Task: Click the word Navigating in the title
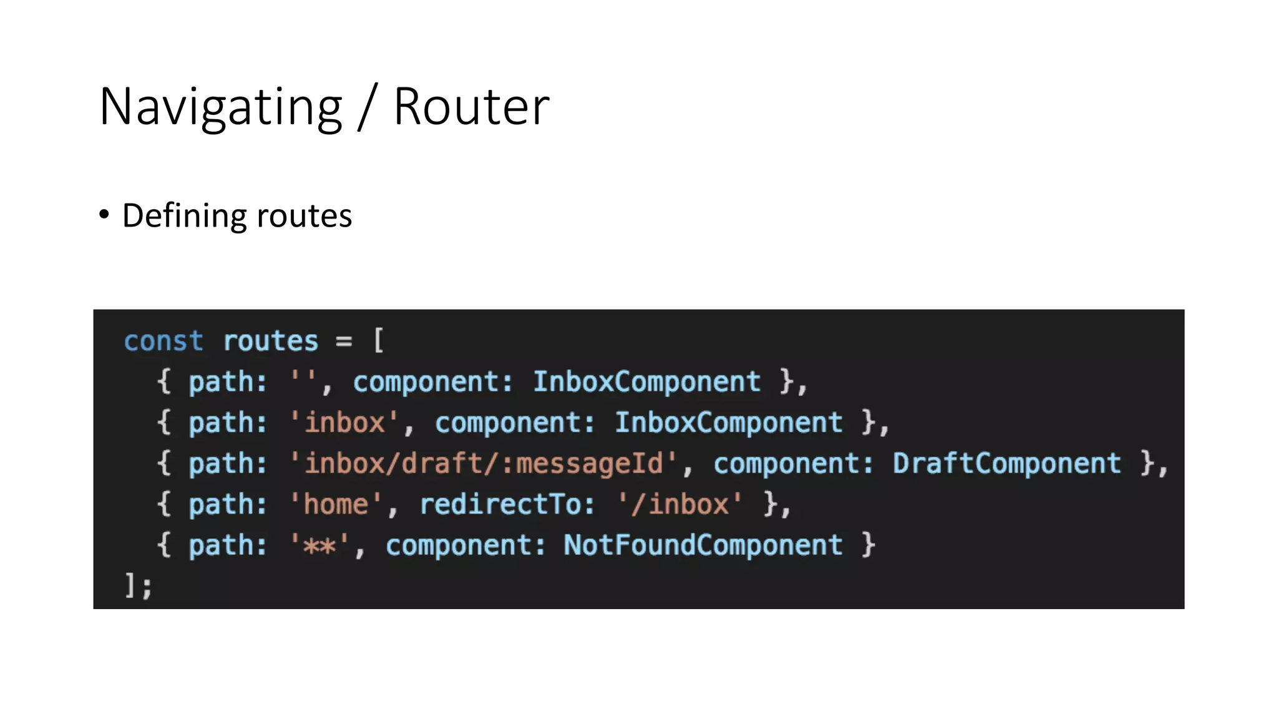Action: click(x=220, y=107)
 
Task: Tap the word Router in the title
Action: click(x=471, y=107)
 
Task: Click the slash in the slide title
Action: click(x=368, y=107)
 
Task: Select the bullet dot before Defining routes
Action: click(x=104, y=215)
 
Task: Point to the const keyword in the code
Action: click(x=163, y=341)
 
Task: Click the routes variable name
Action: click(x=270, y=341)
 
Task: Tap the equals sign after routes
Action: click(x=344, y=341)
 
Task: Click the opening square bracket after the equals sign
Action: click(x=378, y=341)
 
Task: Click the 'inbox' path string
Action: click(x=344, y=423)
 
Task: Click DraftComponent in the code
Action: click(x=1007, y=464)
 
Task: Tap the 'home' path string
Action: click(x=336, y=504)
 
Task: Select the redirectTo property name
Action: click(x=507, y=504)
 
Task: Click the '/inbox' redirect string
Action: click(x=680, y=504)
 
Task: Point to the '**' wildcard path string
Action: click(x=319, y=545)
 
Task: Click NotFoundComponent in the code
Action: click(x=703, y=545)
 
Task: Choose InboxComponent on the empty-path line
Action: click(x=646, y=381)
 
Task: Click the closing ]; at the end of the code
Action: click(x=138, y=586)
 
